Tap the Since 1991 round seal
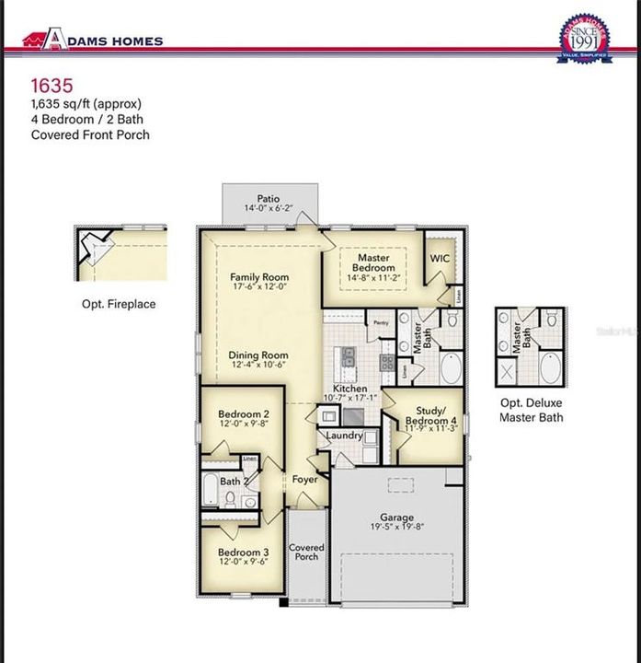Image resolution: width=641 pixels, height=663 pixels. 584,40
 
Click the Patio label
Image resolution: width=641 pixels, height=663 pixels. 268,198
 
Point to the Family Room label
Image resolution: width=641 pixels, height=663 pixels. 258,277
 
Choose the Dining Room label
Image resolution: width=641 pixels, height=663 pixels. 258,355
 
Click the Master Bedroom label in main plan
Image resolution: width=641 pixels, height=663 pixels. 373,264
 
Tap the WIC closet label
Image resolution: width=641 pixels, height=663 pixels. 440,259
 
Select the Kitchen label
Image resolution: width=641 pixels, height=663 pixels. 350,390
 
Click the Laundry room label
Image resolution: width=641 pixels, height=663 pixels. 345,436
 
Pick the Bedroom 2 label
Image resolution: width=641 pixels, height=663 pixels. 244,415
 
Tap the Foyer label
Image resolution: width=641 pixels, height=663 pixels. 304,480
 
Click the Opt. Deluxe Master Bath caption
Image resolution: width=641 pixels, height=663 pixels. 531,410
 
